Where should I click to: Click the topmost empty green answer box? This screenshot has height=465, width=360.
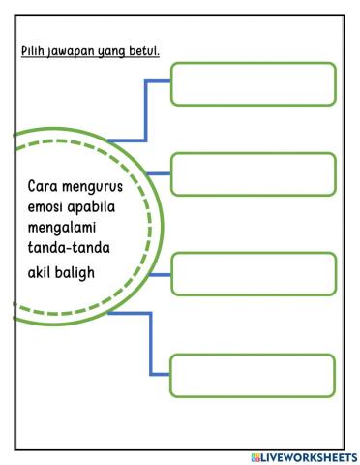pyautogui.click(x=254, y=83)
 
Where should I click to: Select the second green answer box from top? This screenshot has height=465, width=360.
pyautogui.click(x=254, y=174)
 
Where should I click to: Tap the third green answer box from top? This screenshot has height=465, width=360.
pyautogui.click(x=254, y=273)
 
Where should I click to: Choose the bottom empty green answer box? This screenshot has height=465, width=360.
pyautogui.click(x=254, y=375)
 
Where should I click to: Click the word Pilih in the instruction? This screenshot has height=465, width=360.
pyautogui.click(x=34, y=50)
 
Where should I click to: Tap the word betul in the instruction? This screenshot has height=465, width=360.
pyautogui.click(x=144, y=50)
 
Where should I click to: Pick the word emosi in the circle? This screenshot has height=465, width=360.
pyautogui.click(x=45, y=208)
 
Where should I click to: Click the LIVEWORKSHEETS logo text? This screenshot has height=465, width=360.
pyautogui.click(x=311, y=456)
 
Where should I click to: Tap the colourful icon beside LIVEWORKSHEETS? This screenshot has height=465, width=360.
pyautogui.click(x=256, y=456)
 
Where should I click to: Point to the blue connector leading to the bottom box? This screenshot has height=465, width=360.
pyautogui.click(x=151, y=344)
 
